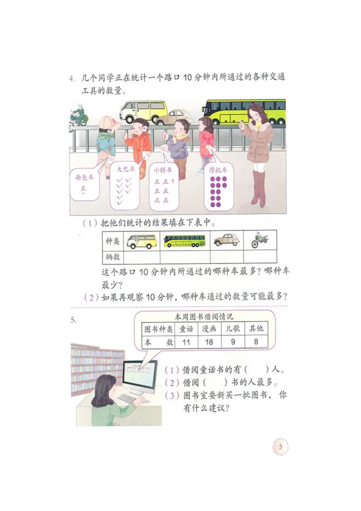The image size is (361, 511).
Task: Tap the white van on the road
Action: (x=143, y=111)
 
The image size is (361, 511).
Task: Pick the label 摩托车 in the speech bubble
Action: (x=218, y=170)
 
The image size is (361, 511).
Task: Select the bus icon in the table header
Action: (x=184, y=241)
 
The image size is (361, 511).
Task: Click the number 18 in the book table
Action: (x=208, y=342)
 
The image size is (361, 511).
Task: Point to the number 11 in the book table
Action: (x=186, y=342)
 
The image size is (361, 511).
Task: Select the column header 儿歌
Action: (x=232, y=329)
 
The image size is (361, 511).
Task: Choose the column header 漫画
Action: (x=209, y=329)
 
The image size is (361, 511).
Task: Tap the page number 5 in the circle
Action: (x=280, y=447)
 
